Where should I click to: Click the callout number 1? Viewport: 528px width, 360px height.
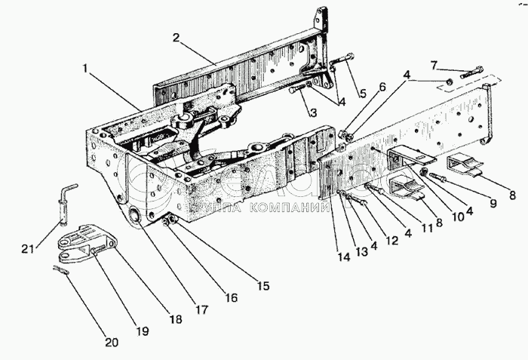point(87,69)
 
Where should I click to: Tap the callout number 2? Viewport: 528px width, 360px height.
point(176,37)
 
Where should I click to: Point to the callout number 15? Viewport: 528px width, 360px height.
point(262,287)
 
